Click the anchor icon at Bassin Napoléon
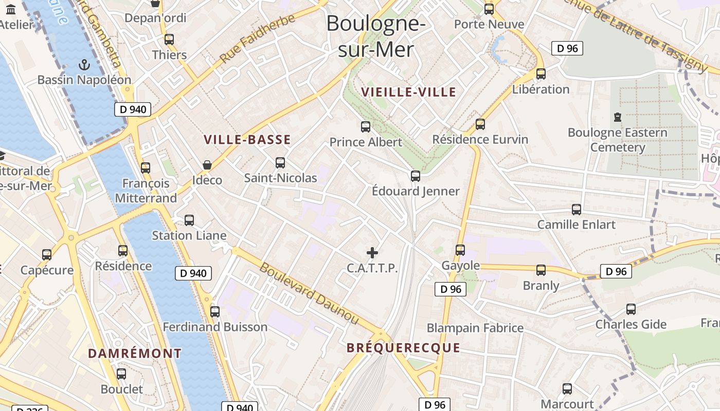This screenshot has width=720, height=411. click(84, 65)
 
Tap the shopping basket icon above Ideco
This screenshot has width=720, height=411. click(207, 165)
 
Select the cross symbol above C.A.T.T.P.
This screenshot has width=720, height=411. click(372, 253)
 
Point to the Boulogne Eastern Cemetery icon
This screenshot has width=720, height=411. click(618, 117)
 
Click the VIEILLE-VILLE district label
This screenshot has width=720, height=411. click(409, 92)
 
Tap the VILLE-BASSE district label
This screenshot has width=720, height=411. click(247, 140)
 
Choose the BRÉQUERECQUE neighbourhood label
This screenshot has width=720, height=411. click(403, 348)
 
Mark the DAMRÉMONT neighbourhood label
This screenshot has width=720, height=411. click(135, 353)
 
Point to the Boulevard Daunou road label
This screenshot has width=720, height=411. click(309, 293)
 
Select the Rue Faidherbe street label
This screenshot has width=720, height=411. click(258, 39)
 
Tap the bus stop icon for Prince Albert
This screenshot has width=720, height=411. click(366, 126)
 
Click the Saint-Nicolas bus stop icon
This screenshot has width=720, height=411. click(280, 163)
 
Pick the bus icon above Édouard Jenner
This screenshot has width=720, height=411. click(416, 176)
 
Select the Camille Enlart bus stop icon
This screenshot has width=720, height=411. click(577, 209)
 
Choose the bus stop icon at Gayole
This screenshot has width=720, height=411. click(460, 250)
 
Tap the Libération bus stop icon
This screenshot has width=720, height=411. click(541, 73)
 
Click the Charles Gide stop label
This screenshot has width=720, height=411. click(631, 325)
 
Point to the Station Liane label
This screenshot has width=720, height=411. click(189, 236)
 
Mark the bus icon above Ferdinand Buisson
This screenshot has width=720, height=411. click(215, 311)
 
